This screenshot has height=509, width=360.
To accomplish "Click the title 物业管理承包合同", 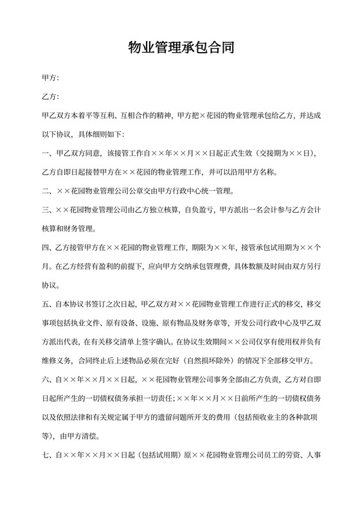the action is pos(179,48).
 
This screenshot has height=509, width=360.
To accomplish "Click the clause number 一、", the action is pos(46,154).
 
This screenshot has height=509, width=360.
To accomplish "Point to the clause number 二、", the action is pos(46,191).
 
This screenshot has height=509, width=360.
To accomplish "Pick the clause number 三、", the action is pos(46,210).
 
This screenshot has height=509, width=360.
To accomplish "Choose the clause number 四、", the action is pos(46,247).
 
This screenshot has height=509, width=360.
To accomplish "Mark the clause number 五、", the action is pos(46,303).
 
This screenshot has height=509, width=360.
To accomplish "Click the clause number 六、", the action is pos(46,378).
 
